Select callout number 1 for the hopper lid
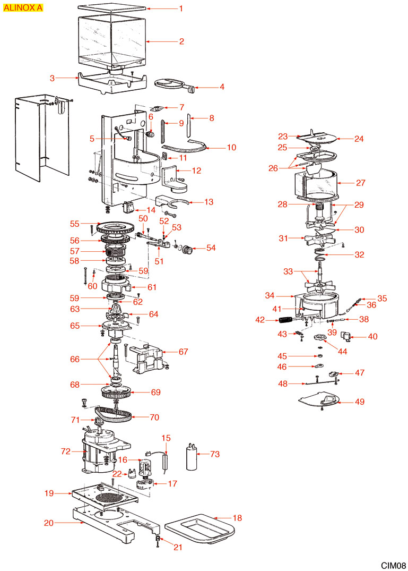point(181,8)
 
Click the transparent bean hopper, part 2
point(111,40)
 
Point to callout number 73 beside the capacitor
point(214,454)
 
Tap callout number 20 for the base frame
point(48,523)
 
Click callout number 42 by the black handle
point(260,320)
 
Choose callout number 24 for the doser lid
point(359,139)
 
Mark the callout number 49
point(360,402)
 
